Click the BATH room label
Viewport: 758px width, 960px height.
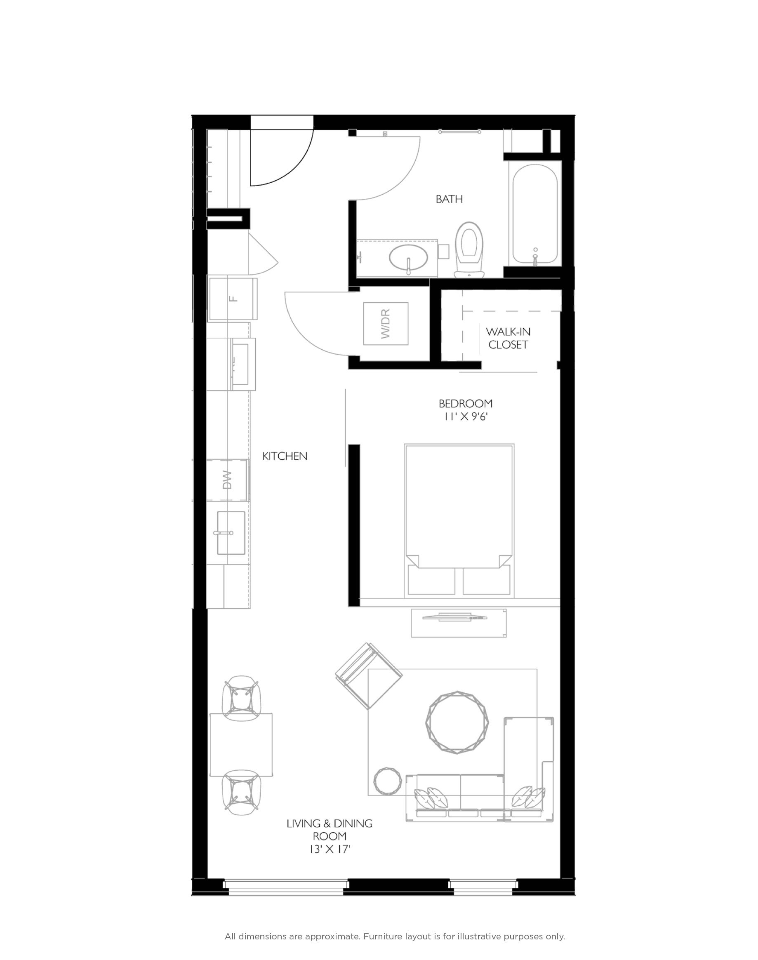tap(449, 199)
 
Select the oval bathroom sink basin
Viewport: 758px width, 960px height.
tap(408, 257)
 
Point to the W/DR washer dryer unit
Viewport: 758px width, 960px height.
tap(385, 324)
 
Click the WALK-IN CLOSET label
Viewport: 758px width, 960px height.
tap(508, 338)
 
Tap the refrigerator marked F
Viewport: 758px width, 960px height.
tap(233, 298)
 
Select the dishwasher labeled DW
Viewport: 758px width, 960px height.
tap(227, 480)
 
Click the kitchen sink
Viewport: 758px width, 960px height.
tap(231, 533)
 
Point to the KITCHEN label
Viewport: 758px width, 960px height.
tap(285, 456)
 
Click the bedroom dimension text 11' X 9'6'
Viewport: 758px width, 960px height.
tap(466, 416)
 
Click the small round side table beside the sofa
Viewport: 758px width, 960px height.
tap(387, 781)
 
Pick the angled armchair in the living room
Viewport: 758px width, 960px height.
tap(368, 675)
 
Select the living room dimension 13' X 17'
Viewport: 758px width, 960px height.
tap(330, 849)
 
